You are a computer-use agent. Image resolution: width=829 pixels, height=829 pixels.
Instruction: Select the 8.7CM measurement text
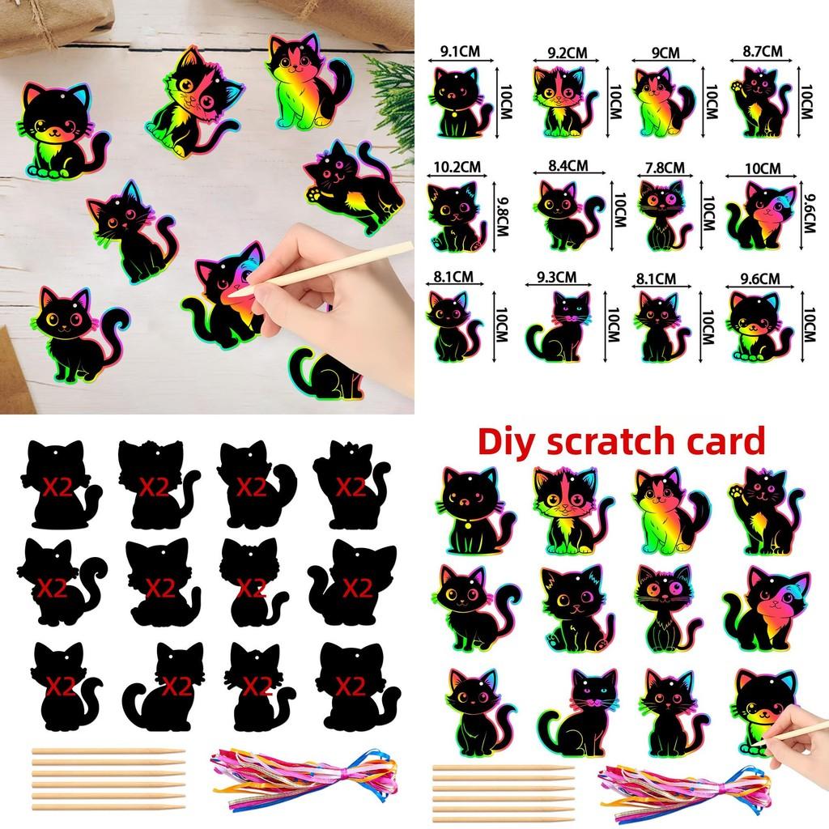coord(762,51)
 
